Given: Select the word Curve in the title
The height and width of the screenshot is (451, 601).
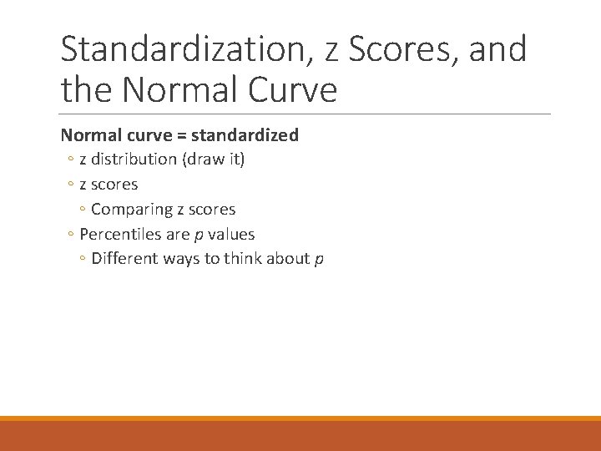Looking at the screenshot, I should (290, 89).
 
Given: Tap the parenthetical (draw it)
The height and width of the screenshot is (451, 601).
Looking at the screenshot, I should (210, 160).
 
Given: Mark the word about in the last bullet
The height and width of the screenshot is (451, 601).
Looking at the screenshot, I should (290, 259).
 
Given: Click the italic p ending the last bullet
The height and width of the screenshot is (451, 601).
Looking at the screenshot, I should (319, 260).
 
